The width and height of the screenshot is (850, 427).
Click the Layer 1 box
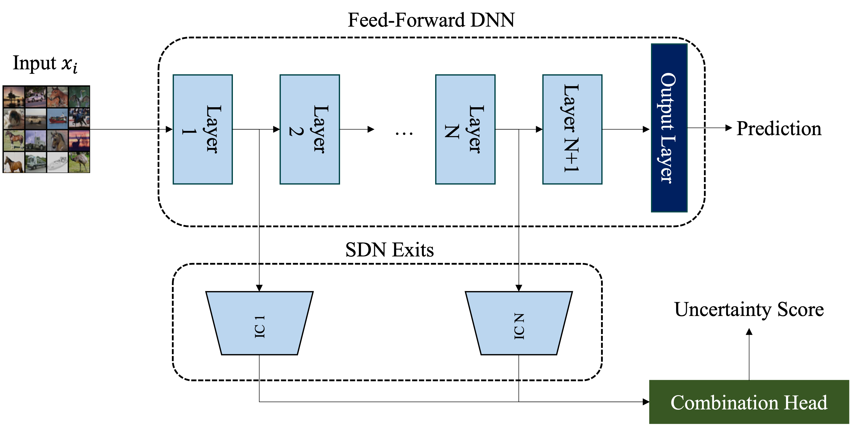point(203,129)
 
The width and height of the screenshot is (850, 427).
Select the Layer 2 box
point(309,129)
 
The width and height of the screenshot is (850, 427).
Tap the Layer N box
point(465,129)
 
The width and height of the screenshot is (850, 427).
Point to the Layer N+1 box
point(572,129)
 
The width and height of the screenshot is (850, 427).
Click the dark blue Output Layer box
point(669,128)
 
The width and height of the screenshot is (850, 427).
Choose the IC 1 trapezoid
point(259,323)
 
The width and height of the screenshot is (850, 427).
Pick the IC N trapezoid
point(519,323)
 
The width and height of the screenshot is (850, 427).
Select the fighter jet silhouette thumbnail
point(14,97)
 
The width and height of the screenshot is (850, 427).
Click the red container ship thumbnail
point(57,118)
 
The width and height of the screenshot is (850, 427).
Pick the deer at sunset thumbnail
point(79,140)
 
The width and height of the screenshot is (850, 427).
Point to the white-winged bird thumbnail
point(79,97)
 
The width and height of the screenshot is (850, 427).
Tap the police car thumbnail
point(36,97)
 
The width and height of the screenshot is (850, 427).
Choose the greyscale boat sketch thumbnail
point(57,162)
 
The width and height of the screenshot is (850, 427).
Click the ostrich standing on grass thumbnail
point(79,162)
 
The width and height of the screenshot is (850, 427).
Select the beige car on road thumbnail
point(36,118)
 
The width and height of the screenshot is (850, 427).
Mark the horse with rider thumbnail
point(79,118)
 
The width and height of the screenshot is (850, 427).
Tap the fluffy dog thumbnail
point(14,118)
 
